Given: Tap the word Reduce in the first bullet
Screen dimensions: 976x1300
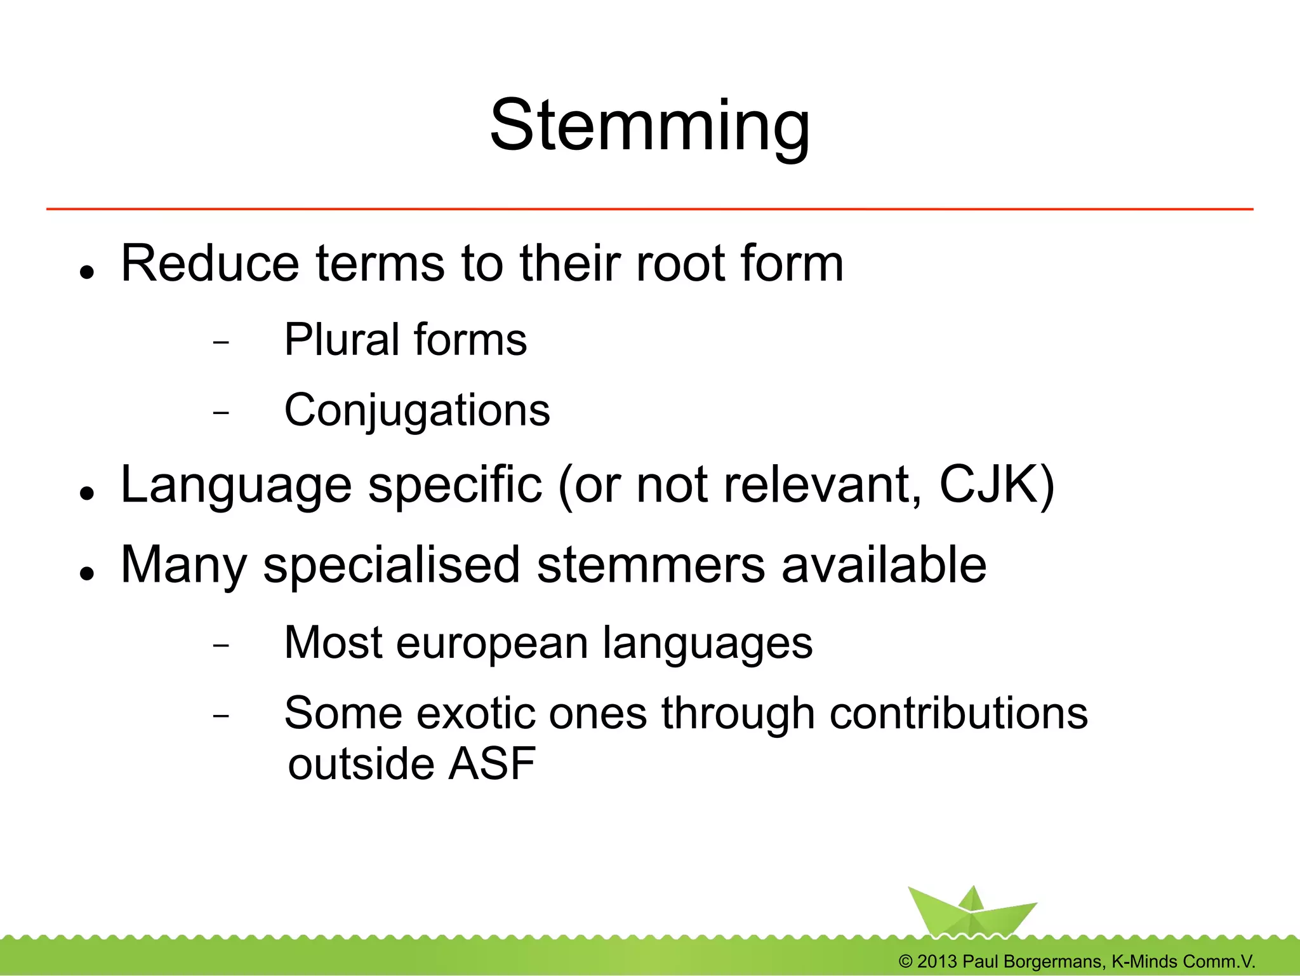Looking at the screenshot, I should (209, 263).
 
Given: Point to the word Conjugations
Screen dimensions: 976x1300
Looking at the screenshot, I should (417, 411).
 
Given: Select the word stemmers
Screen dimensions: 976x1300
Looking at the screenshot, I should (651, 565).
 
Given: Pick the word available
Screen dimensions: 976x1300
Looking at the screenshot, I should (884, 565).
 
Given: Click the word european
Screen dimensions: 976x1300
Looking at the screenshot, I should (491, 643).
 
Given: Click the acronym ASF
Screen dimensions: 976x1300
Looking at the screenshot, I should (492, 763).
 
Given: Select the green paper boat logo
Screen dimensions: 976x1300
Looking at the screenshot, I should (971, 911).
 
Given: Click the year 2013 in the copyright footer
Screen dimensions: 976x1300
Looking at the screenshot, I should (936, 961).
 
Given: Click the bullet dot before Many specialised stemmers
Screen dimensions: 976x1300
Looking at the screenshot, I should (88, 573).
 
